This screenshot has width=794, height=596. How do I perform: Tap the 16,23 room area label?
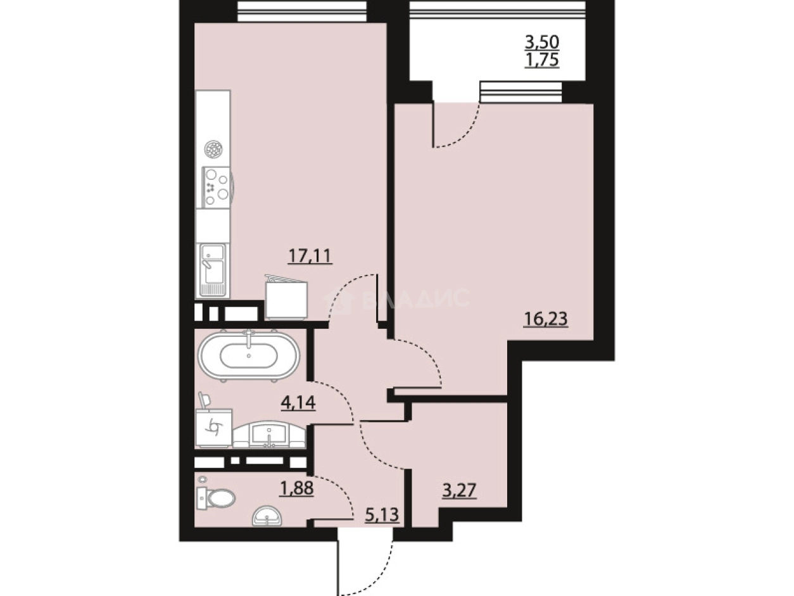click(x=545, y=319)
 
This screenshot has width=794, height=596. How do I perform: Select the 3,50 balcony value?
click(x=542, y=43)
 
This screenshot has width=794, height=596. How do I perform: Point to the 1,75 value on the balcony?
click(x=542, y=61)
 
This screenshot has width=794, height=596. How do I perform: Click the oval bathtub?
click(x=248, y=356)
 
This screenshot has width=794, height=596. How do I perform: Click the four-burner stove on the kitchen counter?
click(x=216, y=186)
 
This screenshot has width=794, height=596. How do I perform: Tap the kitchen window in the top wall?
click(x=301, y=11)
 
